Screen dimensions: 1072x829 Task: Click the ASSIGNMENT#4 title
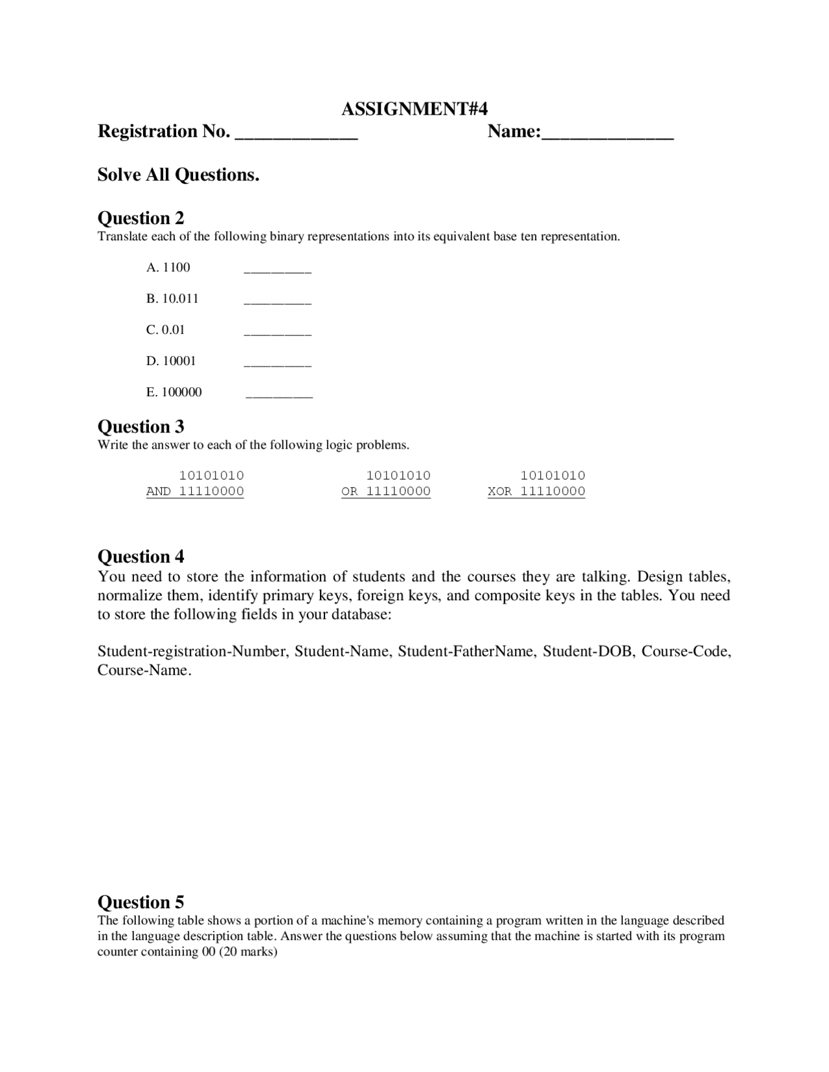414,109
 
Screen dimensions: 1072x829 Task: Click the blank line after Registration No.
296,137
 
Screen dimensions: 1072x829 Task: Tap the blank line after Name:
608,137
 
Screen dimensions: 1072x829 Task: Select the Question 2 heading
141,218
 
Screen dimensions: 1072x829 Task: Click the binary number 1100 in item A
176,267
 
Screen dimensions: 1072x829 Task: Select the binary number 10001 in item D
179,361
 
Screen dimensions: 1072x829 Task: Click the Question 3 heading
141,427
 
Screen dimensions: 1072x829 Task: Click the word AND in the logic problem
159,491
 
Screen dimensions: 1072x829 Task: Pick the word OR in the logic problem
349,491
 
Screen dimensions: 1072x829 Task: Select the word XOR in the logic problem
499,491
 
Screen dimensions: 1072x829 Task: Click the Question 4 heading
141,557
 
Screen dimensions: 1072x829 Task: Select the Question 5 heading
141,902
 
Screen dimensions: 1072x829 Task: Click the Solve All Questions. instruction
178,175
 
